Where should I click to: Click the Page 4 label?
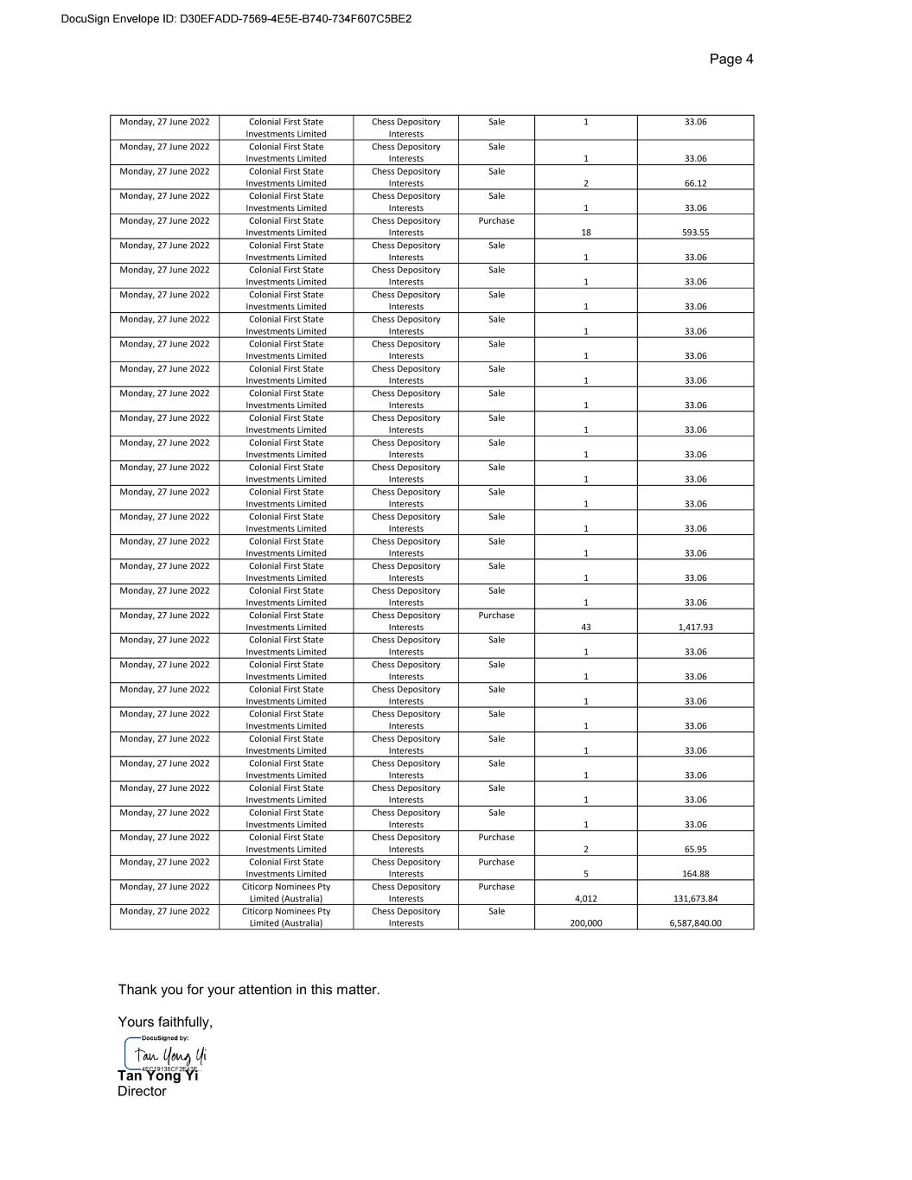730,59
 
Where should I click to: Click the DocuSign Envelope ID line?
236,19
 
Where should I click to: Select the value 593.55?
695,233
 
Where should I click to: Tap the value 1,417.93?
695,628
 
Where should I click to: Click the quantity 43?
585,628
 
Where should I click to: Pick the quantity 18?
585,233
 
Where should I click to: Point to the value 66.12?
695,183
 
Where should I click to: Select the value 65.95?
695,850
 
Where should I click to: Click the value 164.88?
695,874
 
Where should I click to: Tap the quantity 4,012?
585,899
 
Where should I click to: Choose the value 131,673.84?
695,899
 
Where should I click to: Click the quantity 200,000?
585,923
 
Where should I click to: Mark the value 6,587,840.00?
695,923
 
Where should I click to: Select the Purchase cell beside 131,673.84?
496,887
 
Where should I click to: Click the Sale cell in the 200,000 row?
496,911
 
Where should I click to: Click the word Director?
142,1092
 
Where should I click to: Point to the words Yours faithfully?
165,1022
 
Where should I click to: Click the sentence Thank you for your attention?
249,990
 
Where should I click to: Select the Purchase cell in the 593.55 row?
496,221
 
